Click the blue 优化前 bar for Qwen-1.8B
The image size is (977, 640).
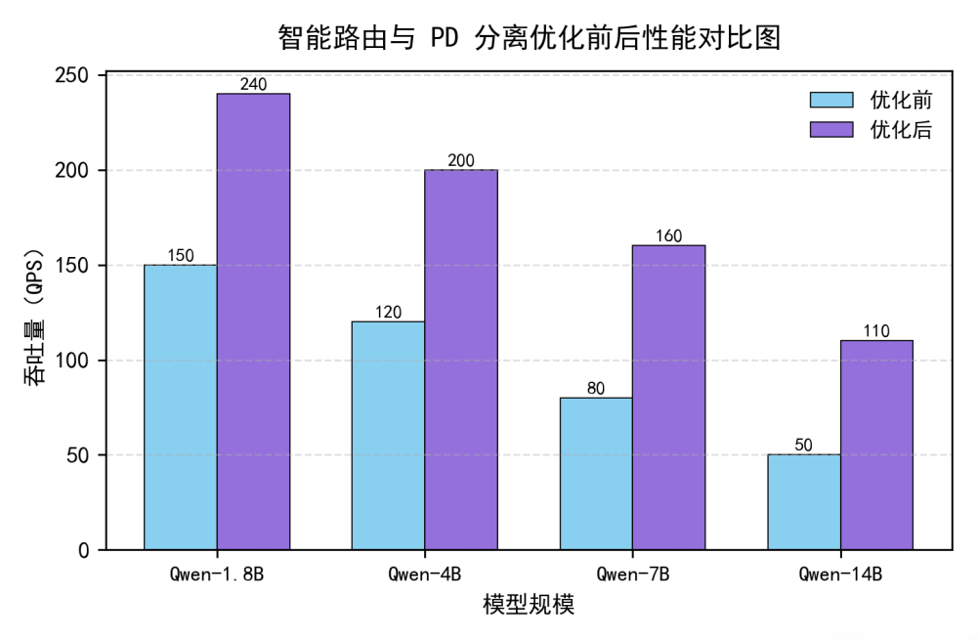pos(180,406)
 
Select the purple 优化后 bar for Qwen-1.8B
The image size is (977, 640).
pos(253,321)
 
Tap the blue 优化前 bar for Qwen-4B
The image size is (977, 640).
pos(388,435)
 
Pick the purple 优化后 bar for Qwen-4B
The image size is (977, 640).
pos(460,360)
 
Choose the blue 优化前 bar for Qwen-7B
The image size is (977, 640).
pos(596,473)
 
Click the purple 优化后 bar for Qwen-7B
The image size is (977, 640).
pos(668,397)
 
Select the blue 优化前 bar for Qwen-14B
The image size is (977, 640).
pos(803,501)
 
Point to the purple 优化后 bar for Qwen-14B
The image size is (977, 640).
pos(876,445)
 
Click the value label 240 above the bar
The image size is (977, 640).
pos(253,85)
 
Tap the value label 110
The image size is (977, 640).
pos(876,331)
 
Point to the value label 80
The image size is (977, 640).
pos(596,388)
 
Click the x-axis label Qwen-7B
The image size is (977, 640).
pos(632,574)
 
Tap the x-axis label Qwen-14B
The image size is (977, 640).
pos(840,574)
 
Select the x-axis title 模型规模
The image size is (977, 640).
pos(529,605)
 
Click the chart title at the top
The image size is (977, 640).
pos(529,38)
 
